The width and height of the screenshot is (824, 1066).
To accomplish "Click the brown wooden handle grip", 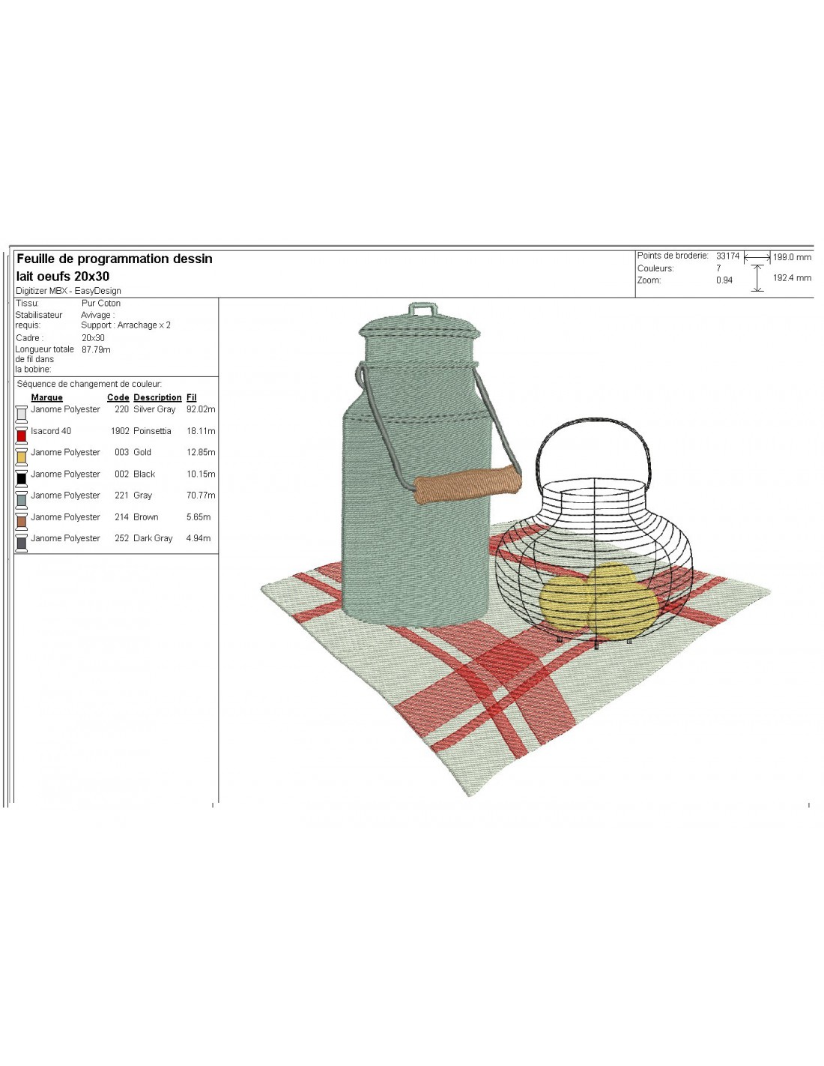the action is coord(467,485).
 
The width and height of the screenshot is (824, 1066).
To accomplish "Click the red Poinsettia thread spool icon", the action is coord(21,435).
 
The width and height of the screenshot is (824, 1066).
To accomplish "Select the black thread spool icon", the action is coord(21,478).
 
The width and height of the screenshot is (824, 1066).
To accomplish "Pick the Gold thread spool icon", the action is coord(21,457).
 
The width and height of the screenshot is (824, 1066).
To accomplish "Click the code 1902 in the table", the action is coord(120,431).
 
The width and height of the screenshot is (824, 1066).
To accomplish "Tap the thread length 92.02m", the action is coord(201,409).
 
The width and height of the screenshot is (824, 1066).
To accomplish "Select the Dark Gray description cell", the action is coord(153,538).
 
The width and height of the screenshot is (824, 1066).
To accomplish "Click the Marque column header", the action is coord(46,397).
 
